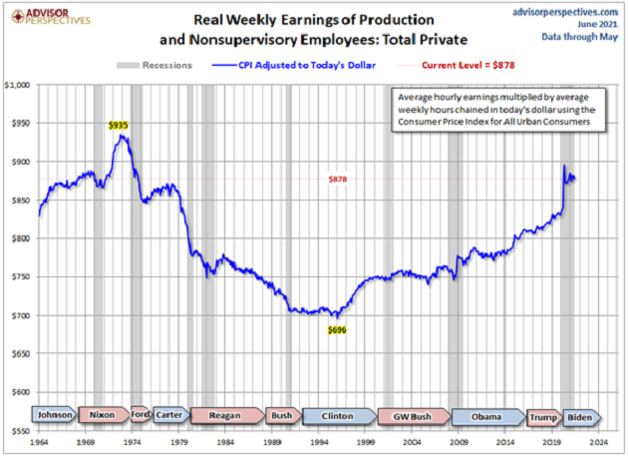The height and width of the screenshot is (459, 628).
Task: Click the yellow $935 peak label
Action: click(x=119, y=126)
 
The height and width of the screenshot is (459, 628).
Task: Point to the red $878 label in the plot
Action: click(x=337, y=179)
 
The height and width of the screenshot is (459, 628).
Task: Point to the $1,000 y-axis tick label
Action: click(x=18, y=85)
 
